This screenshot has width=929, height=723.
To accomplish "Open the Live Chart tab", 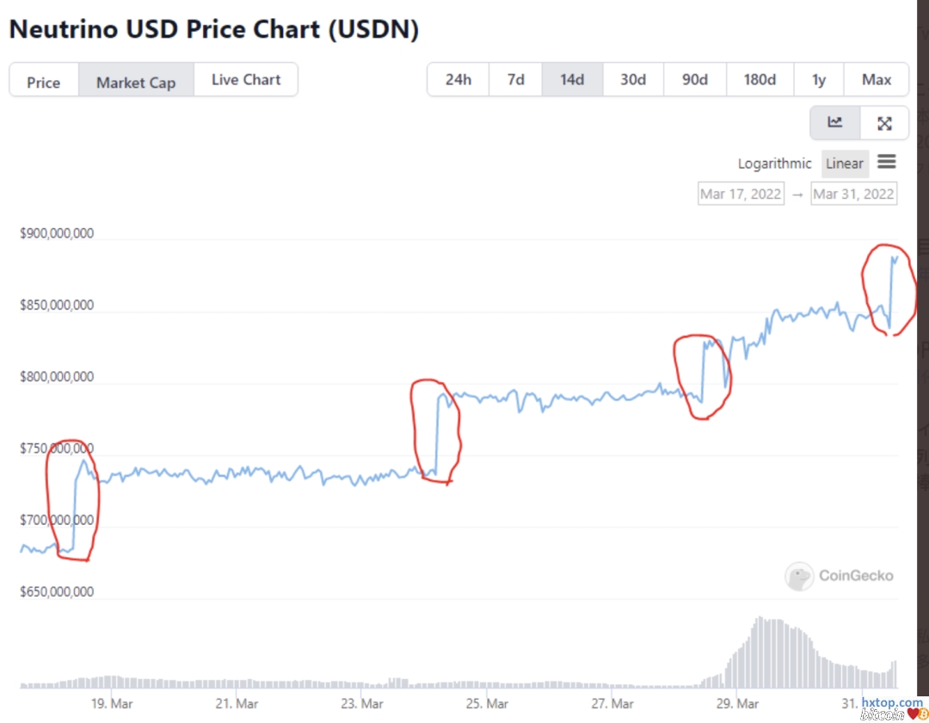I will coord(246,80).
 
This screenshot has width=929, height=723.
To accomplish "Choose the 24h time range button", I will coord(458,80).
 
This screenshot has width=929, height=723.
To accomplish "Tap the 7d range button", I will coord(516,80).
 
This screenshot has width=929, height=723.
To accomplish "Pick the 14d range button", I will coord(572,80).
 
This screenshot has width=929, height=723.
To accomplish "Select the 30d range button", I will coord(633,80).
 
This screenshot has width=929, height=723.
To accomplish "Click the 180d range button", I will coord(760,80).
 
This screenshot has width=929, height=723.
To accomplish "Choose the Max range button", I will coord(877,80).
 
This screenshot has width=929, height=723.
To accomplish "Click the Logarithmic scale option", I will coord(774,164).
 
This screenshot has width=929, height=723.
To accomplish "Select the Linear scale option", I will coord(844,164).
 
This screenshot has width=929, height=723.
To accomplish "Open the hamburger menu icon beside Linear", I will coord(887,162).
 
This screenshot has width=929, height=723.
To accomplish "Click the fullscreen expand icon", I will coord(884,123).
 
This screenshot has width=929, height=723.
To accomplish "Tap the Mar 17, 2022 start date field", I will coord(741,194).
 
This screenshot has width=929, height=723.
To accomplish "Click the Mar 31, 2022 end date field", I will coord(853,194).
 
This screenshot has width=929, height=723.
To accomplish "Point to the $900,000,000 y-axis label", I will coord(57,234).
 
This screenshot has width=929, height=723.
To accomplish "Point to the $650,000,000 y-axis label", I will coord(57,592).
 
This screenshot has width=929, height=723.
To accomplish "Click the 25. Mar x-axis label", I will coord(486,703).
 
